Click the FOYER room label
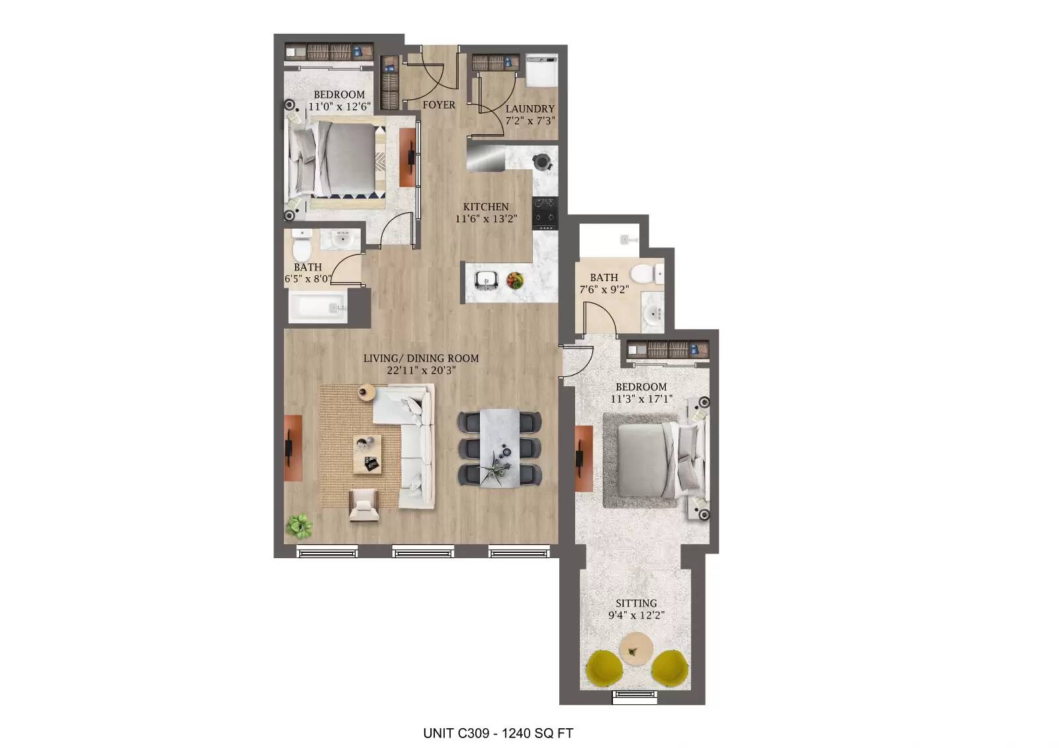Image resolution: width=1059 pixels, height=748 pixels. click(x=439, y=105)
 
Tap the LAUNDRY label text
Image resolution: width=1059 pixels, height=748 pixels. click(x=529, y=109)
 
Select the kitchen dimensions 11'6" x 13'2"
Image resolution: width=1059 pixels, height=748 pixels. click(x=485, y=219)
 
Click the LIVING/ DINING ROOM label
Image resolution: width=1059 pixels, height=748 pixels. click(x=421, y=358)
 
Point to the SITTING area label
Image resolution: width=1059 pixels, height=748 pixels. click(x=636, y=603)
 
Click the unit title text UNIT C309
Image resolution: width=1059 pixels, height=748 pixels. click(x=456, y=733)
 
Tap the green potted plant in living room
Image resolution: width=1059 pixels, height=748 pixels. click(x=299, y=526)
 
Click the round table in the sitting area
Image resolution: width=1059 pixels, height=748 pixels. click(x=637, y=649)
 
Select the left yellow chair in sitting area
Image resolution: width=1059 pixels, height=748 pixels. click(x=605, y=668)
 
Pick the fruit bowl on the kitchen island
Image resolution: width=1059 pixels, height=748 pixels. click(x=516, y=280)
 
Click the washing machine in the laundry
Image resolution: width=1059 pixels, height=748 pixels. click(x=542, y=70)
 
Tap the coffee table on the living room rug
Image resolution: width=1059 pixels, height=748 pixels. click(x=367, y=455)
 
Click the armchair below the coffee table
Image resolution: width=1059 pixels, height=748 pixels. click(x=363, y=505)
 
